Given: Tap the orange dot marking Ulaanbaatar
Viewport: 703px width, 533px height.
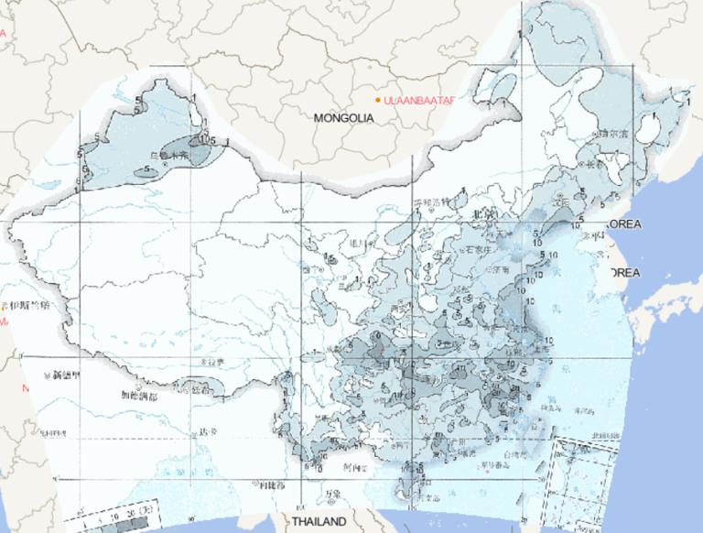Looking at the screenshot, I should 378,99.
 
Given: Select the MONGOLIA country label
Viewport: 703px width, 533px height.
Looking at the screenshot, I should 344,118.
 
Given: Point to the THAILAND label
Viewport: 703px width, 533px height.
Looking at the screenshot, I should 319,521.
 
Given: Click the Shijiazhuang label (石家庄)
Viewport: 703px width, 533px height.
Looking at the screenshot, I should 482,247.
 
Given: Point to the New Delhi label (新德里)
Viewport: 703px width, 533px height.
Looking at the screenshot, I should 67,375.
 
